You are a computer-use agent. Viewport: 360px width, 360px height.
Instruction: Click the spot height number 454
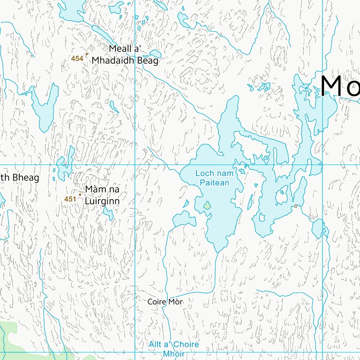click(77, 59)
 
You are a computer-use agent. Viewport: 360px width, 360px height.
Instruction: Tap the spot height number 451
click(70, 199)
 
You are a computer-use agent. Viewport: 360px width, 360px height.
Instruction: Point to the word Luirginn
click(102, 201)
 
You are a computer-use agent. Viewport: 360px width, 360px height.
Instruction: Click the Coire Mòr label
click(165, 302)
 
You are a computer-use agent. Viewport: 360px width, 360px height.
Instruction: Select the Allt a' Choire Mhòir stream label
click(173, 349)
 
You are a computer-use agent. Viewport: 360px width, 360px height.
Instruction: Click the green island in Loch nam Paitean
click(207, 205)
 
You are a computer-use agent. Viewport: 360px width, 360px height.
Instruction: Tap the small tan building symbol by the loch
click(296, 206)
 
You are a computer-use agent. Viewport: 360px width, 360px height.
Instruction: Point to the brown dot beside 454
click(86, 54)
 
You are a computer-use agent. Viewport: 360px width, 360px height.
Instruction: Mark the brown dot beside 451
click(80, 195)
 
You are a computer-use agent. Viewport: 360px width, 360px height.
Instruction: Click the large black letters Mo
click(340, 86)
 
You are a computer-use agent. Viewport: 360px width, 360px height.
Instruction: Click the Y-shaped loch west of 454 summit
click(45, 108)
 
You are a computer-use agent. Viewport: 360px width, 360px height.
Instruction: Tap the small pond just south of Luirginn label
click(109, 214)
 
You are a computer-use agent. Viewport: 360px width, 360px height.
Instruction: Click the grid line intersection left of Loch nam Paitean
click(135, 165)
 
